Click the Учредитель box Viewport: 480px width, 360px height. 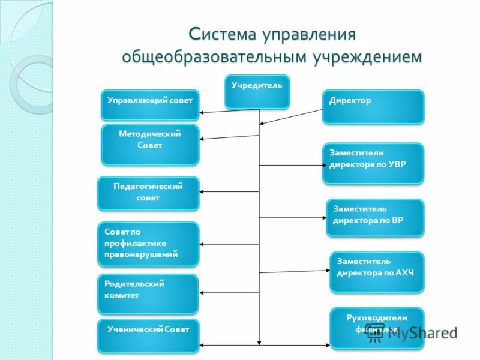(257, 92)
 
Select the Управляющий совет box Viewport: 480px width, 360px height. (149, 105)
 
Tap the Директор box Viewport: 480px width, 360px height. (373, 107)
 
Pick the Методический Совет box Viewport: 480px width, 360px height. (149, 145)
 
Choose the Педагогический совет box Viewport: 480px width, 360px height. (148, 193)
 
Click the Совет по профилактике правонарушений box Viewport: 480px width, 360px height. (148, 244)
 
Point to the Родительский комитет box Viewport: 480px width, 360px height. (148, 294)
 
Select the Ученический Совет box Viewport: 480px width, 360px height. (148, 335)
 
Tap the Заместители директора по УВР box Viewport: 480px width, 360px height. (373, 163)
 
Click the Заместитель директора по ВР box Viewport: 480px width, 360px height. (375, 218)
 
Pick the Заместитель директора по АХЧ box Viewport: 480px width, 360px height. (377, 272)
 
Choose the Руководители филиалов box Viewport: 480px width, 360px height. (377, 328)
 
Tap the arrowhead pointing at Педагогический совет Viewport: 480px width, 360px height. (203, 192)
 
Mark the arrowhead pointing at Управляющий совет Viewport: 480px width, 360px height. (203, 112)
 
